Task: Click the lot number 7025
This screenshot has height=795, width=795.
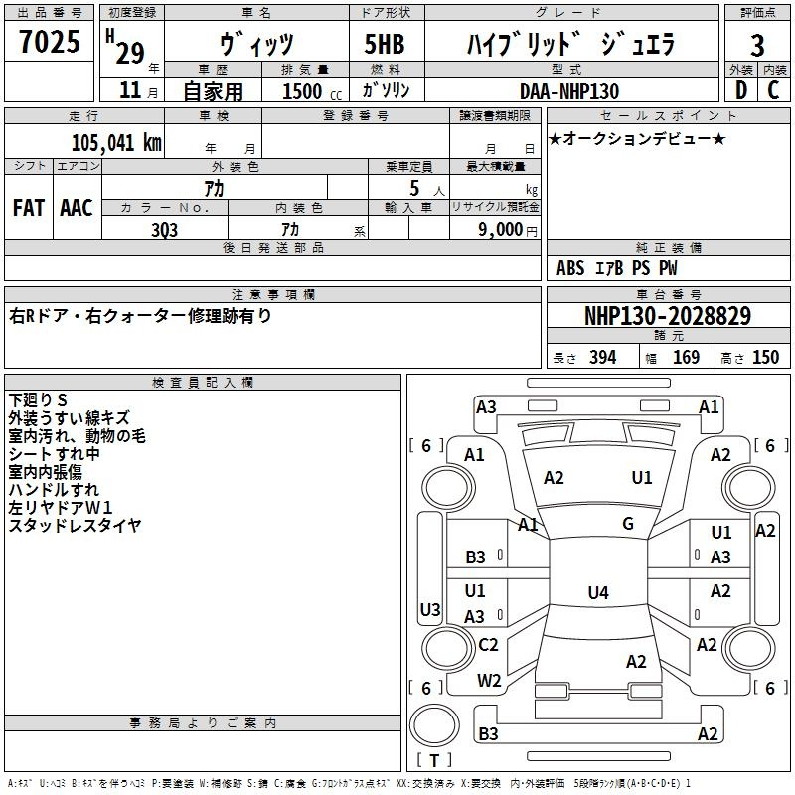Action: (x=50, y=42)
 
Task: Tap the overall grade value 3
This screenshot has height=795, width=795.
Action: (x=757, y=46)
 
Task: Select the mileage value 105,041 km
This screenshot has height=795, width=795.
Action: (x=116, y=142)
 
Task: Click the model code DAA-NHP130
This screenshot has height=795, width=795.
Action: (x=569, y=91)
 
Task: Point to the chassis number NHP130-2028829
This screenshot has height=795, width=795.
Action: (x=668, y=316)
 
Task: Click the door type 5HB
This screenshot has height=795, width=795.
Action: (x=385, y=44)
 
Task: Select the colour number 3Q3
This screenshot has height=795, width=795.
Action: (x=165, y=231)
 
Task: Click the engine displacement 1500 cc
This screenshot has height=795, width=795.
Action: (x=312, y=91)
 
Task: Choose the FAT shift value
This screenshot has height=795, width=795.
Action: (x=29, y=208)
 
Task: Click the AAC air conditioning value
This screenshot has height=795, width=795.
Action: (x=77, y=208)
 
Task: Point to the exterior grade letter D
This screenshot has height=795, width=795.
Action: (x=741, y=90)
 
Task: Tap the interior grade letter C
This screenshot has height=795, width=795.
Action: (x=774, y=90)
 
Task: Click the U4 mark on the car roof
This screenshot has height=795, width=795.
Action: (x=598, y=592)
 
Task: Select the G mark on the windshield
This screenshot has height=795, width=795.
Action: (x=628, y=524)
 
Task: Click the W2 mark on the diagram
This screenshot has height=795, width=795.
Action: (x=489, y=681)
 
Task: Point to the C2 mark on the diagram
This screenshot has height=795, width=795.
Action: (x=488, y=645)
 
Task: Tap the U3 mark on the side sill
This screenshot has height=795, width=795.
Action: (x=430, y=609)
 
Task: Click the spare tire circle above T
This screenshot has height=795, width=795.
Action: (x=434, y=725)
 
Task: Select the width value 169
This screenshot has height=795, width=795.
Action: (x=686, y=358)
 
